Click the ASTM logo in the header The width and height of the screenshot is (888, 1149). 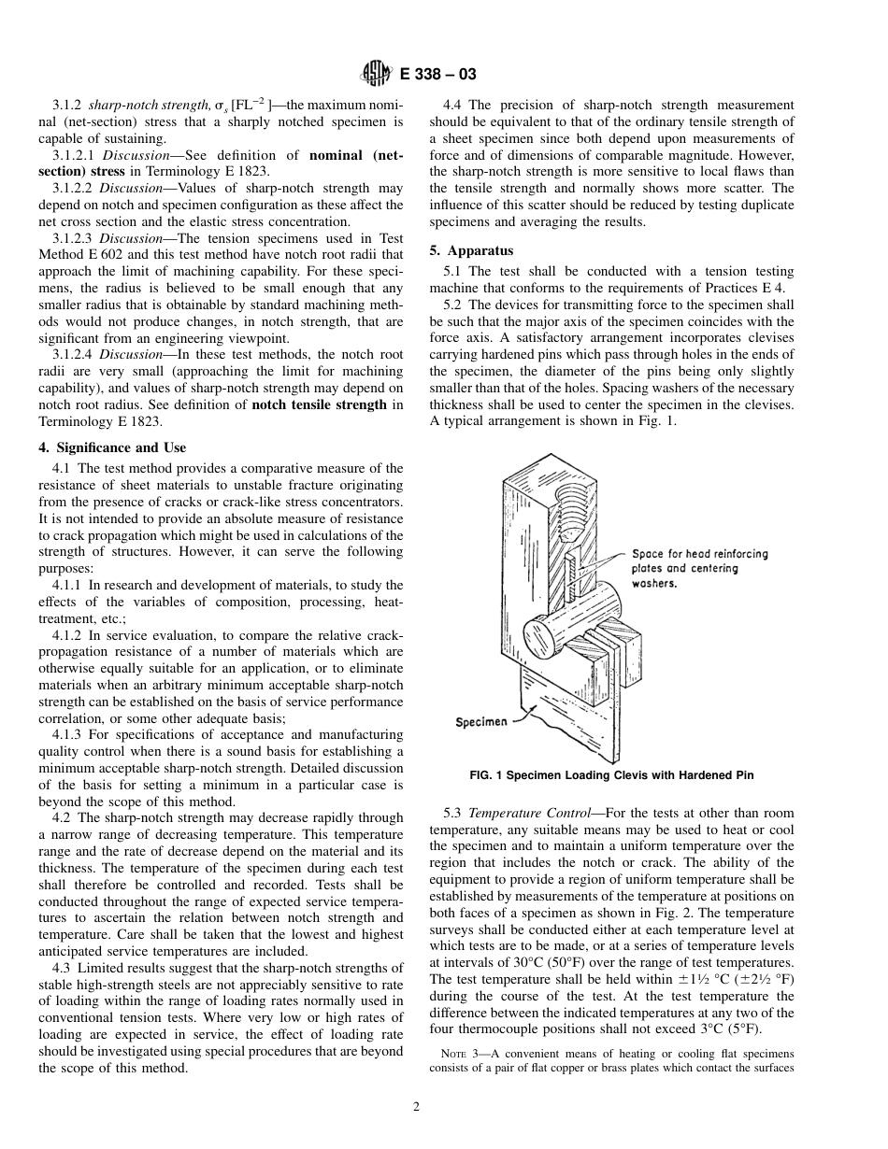point(375,76)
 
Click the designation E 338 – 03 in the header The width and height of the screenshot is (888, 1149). point(439,77)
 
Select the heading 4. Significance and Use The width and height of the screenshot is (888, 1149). point(119,447)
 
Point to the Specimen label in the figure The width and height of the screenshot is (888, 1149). point(481,721)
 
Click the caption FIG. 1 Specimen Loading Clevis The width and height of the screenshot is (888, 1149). point(611,775)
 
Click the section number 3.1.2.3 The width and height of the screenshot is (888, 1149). point(74,238)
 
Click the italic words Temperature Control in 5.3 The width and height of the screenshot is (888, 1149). point(527,814)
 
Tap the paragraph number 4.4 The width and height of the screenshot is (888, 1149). point(453,106)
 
